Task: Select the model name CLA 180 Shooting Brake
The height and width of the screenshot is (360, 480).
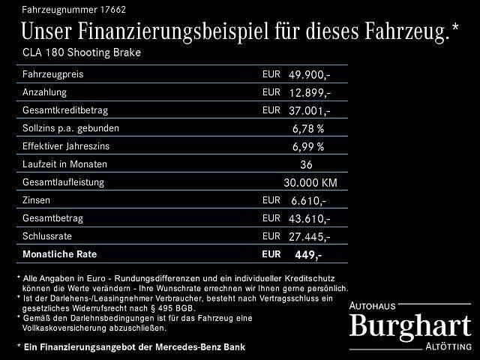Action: [x=81, y=53]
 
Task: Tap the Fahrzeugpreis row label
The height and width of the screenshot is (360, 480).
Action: [x=52, y=75]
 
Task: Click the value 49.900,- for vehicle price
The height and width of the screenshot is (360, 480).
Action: [x=309, y=75]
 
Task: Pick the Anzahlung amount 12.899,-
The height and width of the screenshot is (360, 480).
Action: [x=309, y=93]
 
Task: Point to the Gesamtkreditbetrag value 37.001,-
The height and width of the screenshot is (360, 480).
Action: [x=309, y=110]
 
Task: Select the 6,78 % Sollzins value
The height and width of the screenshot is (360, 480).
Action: [x=308, y=128]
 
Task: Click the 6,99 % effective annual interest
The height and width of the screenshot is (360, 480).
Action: [x=308, y=146]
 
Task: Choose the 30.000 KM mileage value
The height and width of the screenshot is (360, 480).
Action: [x=310, y=182]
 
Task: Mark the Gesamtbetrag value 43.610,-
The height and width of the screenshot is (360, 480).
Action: [x=309, y=218]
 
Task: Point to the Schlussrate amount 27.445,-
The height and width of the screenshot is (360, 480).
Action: [x=309, y=236]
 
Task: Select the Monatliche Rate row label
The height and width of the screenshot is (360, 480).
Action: [x=61, y=253]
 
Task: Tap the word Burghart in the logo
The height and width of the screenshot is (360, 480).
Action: [x=411, y=325]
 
